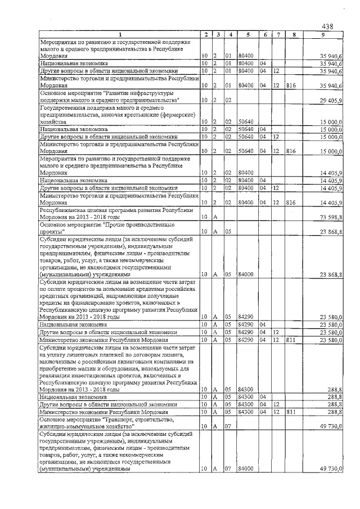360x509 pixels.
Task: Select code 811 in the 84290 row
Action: [x=291, y=340]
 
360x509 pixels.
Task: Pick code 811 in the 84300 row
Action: [x=291, y=412]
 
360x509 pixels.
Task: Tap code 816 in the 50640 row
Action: [x=291, y=151]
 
